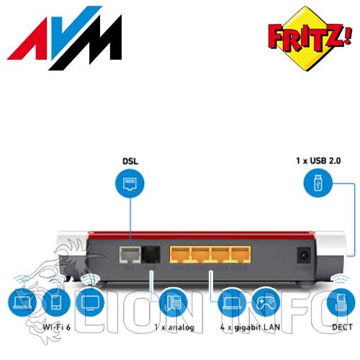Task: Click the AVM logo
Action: pos(64,38)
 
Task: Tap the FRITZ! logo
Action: pos(310,38)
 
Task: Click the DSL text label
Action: pos(130,161)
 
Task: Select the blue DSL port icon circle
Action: pos(130,184)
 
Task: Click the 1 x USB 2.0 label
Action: pos(318,161)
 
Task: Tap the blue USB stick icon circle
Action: pos(318,183)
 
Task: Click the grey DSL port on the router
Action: pos(130,254)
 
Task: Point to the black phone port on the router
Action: pos(150,254)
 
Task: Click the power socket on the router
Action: pos(304,256)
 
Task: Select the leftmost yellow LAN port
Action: pos(180,254)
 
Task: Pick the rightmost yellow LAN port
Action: pos(241,254)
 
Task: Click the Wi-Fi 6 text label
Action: pos(57,327)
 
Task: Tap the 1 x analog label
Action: pos(174,327)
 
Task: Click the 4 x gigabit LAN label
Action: pos(250,328)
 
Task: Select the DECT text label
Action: pos(342,327)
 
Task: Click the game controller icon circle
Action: pos(266,302)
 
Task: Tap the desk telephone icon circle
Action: pos(174,302)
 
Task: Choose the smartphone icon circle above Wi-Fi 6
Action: pos(56,302)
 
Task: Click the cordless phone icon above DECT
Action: pos(341,302)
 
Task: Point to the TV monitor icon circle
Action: pos(90,302)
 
